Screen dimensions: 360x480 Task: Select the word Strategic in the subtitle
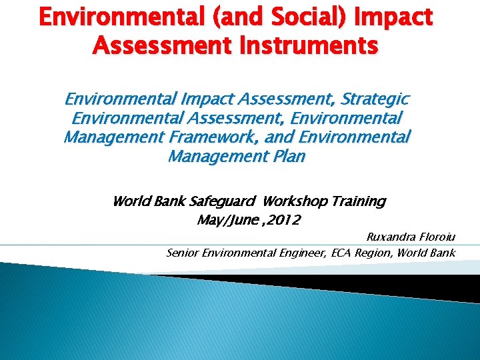coord(375,100)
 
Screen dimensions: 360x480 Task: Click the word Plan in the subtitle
coord(289,157)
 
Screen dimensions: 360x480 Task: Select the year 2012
coord(282,220)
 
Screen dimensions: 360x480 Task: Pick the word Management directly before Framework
coord(114,138)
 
